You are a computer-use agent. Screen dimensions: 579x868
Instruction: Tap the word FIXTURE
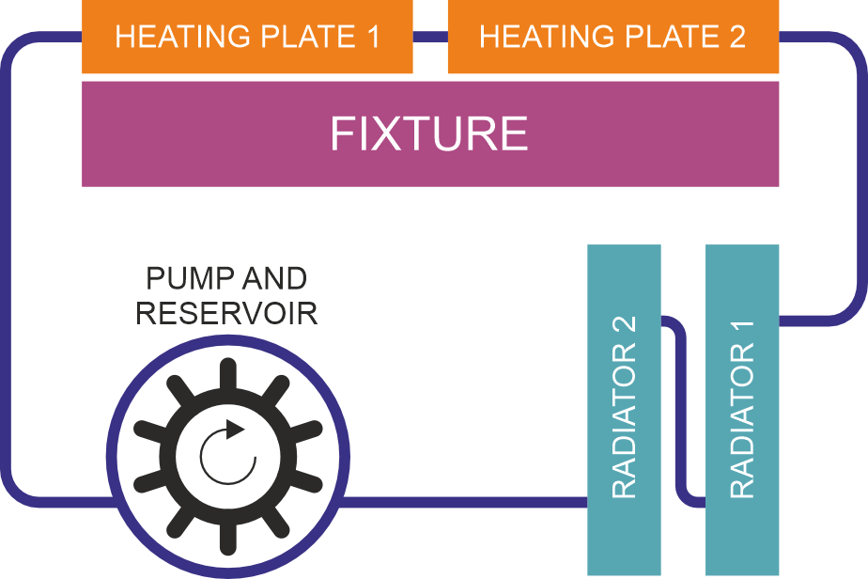429,134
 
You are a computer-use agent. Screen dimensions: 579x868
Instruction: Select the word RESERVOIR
226,312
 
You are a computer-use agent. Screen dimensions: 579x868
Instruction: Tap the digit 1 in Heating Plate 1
373,38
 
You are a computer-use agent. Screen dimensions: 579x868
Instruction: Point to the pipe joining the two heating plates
429,38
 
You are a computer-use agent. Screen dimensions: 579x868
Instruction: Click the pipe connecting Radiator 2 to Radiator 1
684,414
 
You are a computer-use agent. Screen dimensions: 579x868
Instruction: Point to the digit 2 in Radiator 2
625,326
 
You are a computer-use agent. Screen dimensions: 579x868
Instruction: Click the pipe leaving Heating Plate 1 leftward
47,38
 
